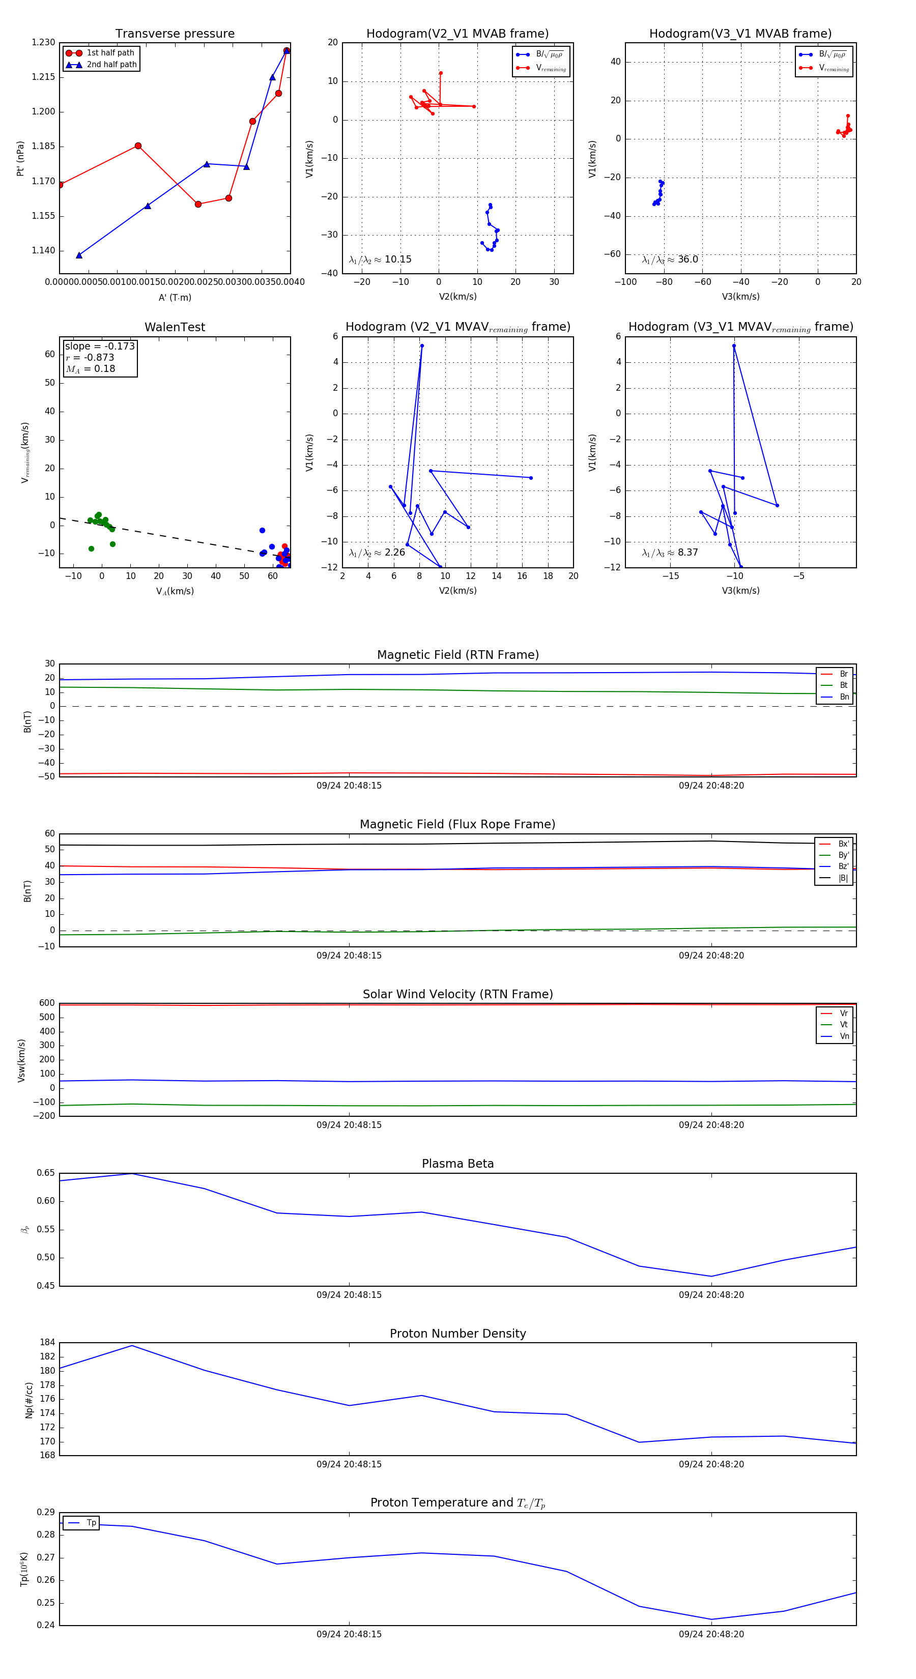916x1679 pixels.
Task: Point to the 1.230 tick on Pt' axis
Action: click(44, 42)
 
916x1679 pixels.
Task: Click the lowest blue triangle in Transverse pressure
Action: click(79, 255)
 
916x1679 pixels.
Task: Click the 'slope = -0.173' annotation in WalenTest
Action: click(100, 346)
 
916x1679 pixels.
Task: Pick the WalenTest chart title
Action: click(175, 327)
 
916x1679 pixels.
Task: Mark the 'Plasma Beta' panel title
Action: click(457, 1164)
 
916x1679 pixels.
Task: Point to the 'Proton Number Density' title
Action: click(457, 1334)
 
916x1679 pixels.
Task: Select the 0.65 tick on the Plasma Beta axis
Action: click(46, 1173)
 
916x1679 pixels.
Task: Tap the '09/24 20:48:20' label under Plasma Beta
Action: click(710, 1294)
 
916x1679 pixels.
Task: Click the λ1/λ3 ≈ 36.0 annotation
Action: click(670, 259)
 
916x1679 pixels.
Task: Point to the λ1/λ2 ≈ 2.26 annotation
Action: click(377, 553)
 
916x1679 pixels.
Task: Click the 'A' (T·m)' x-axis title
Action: click(175, 297)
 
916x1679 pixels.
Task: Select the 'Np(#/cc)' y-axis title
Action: click(28, 1400)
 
